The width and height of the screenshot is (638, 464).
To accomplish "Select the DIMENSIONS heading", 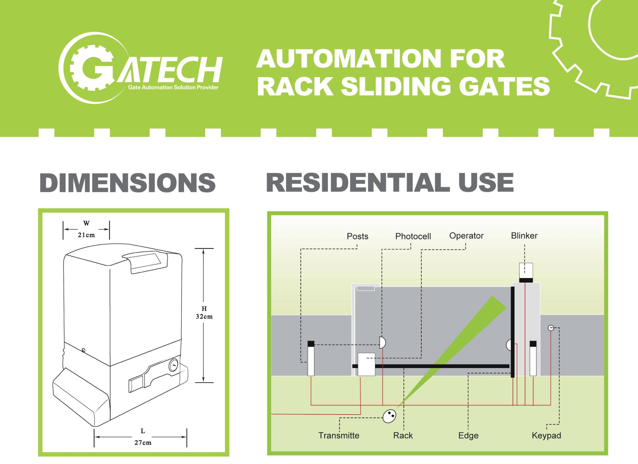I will pos(127,183).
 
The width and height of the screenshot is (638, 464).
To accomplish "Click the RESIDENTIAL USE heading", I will pos(390,183).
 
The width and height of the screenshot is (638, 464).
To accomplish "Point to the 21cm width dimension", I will pos(86,235).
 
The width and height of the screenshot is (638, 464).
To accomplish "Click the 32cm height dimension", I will pos(204,317).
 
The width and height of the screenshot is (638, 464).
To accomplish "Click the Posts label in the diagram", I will pos(357,236).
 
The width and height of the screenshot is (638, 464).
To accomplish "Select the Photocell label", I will pos(413,236).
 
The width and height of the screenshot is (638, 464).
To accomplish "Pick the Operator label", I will pos(466,236).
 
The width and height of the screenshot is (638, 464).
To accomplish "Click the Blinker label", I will pos(524,236).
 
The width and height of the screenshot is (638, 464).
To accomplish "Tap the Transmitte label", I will pos(339,436).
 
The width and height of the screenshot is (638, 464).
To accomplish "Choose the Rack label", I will pos(403,436).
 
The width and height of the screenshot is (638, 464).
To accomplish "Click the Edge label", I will pos(468,436).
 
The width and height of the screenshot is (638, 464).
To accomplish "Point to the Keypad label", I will pos(546,436).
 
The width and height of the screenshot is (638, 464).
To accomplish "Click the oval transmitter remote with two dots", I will pos(389,416).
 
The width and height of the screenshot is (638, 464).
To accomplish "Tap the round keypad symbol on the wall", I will pos(551,328).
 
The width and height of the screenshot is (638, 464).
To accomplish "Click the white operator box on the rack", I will pos(366,364).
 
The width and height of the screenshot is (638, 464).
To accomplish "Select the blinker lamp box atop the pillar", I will pos(526,271).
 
